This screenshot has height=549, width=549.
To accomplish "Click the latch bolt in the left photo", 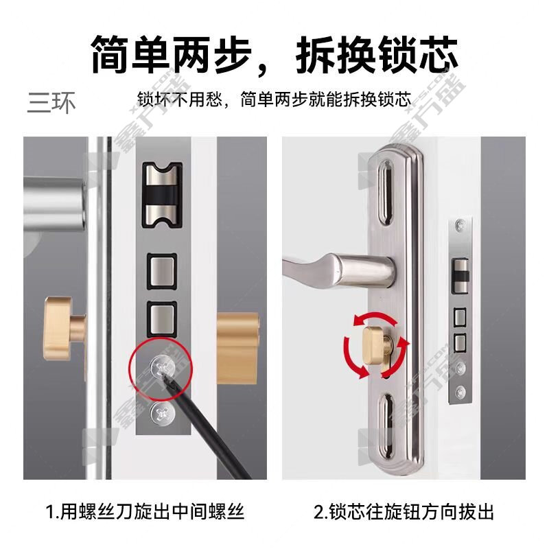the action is (162, 195).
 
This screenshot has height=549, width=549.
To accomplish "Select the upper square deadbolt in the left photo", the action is (161, 272).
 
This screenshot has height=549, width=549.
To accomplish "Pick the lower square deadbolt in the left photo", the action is (161, 319).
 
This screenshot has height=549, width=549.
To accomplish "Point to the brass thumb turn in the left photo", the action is (65, 328).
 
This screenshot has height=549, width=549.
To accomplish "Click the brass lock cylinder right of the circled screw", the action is (237, 349).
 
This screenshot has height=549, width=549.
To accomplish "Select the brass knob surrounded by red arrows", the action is (376, 345).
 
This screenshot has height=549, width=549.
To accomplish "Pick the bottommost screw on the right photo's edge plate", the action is (460, 391).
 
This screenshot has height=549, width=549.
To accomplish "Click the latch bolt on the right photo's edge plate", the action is (460, 276).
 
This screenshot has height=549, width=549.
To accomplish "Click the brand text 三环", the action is (51, 103).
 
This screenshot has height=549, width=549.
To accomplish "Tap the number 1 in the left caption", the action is (50, 512).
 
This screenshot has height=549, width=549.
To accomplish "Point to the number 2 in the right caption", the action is (319, 512).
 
